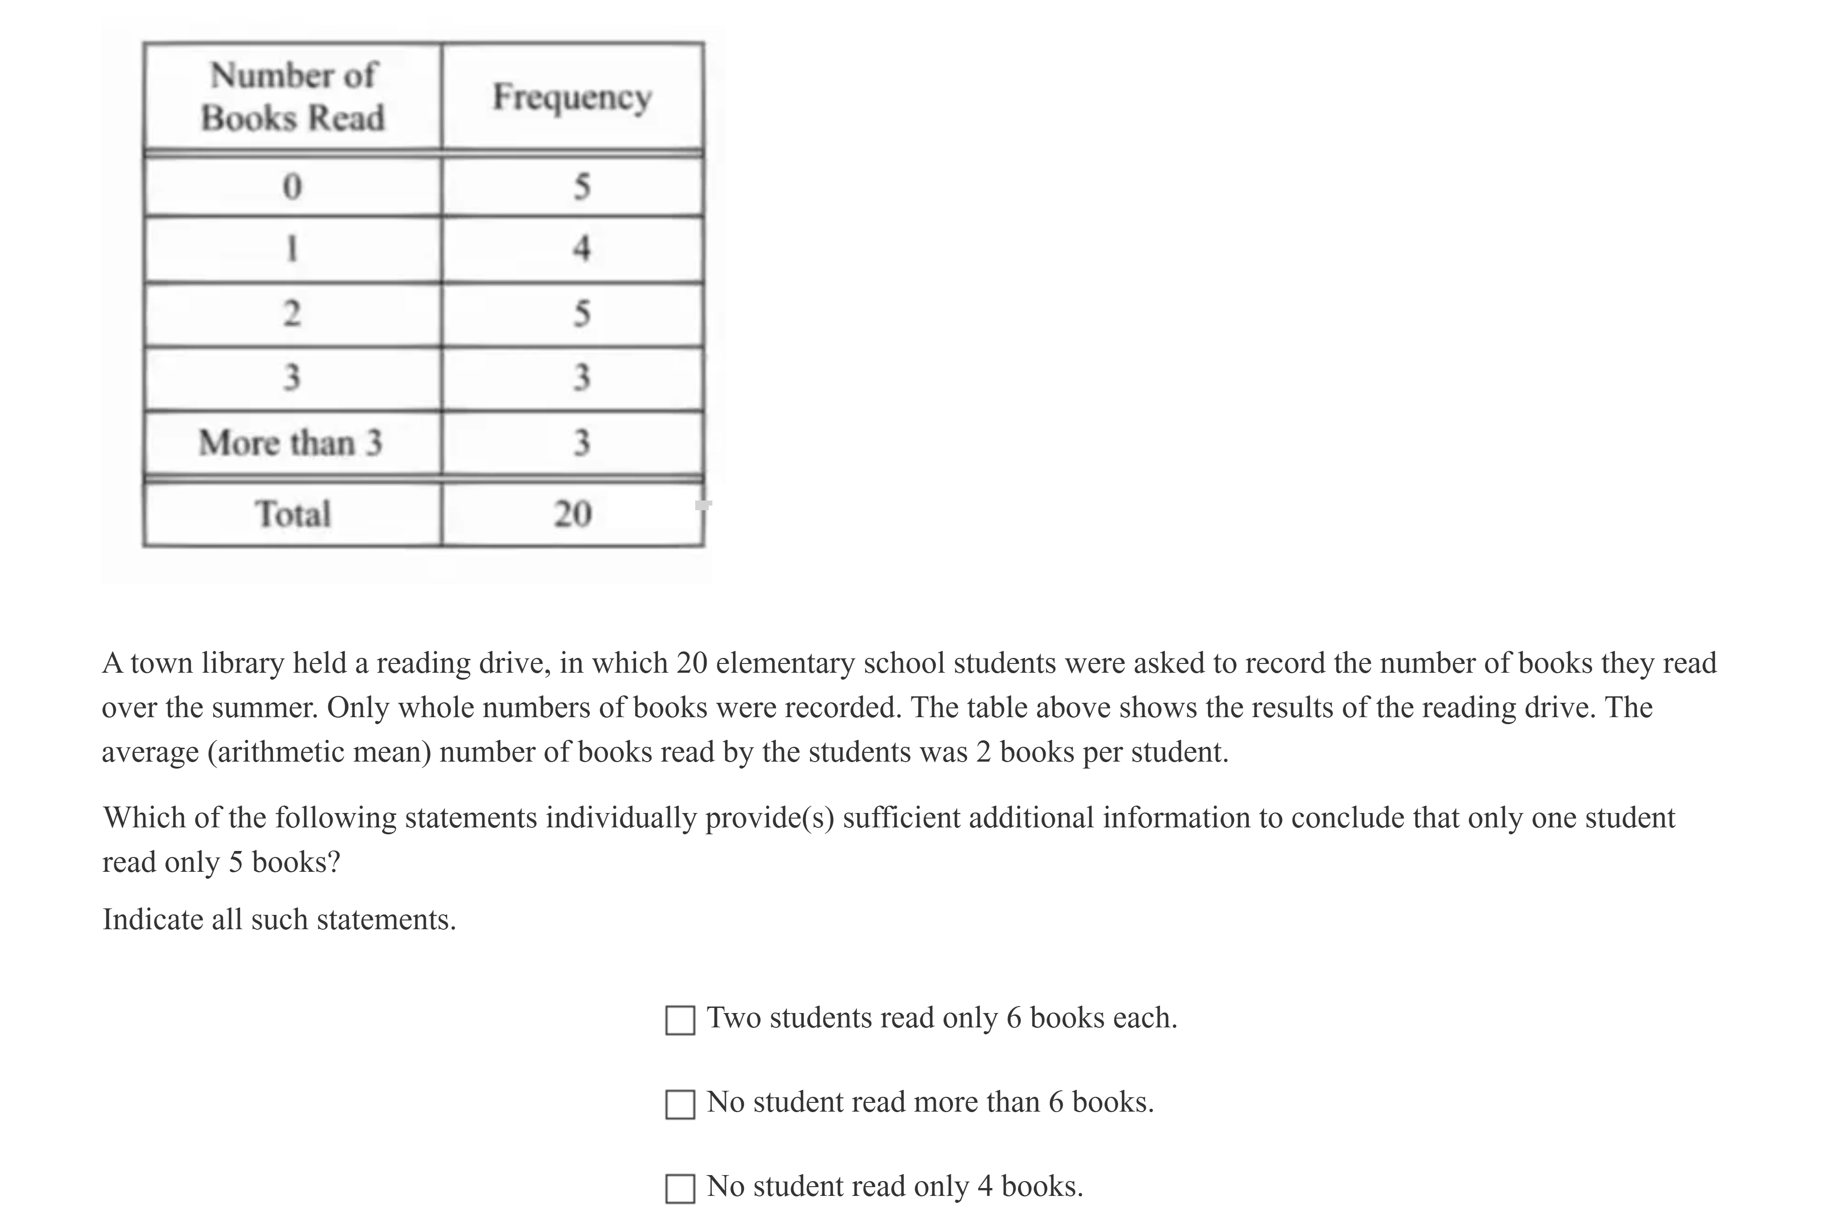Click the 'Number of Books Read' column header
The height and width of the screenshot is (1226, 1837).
click(292, 96)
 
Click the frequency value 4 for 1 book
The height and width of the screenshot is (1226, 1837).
click(581, 249)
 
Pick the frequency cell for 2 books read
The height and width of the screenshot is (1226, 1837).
click(581, 313)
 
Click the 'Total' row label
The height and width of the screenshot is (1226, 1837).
click(292, 514)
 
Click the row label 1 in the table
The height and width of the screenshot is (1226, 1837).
click(292, 249)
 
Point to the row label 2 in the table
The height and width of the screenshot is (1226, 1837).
click(292, 313)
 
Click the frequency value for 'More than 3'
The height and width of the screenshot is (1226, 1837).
click(581, 443)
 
